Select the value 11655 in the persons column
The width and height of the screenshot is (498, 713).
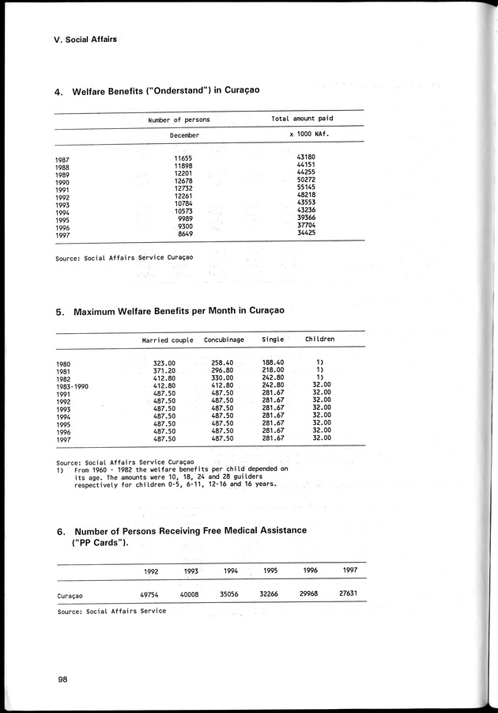pyautogui.click(x=183, y=157)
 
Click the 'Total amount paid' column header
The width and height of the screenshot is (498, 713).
pyautogui.click(x=302, y=119)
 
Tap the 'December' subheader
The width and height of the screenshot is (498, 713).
pyautogui.click(x=184, y=136)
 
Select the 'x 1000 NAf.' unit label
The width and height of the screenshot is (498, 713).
pyautogui.click(x=309, y=136)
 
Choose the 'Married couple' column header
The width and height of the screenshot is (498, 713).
pyautogui.click(x=166, y=339)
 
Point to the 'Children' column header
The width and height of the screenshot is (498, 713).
pyautogui.click(x=320, y=339)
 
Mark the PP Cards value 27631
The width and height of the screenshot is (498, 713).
pyautogui.click(x=349, y=594)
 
